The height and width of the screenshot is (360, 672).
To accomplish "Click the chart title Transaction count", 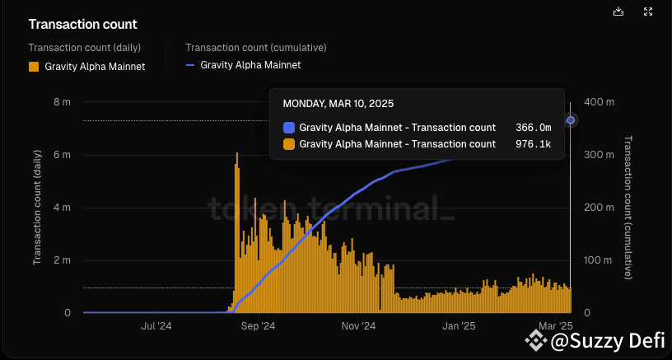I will [x=83, y=26].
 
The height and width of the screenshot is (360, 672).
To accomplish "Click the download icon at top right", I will [x=619, y=12].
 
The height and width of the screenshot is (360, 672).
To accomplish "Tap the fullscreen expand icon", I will [x=649, y=12].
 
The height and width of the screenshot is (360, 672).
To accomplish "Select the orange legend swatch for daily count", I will [x=34, y=67].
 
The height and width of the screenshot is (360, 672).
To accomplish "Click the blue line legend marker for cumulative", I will [x=191, y=64].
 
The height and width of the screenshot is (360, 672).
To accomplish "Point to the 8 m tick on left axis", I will [x=61, y=102].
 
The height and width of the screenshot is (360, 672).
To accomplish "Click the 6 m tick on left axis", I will [x=61, y=155].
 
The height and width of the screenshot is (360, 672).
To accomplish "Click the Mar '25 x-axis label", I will [x=555, y=326].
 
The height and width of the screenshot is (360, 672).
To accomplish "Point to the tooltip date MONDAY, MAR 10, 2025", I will [x=338, y=104].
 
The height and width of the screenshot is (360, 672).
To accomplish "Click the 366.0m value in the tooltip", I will [x=533, y=128].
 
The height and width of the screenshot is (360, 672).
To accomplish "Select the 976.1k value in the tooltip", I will [x=533, y=144].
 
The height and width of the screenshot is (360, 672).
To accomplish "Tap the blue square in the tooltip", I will [x=288, y=128].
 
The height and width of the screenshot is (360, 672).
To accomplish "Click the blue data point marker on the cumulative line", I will [x=571, y=120].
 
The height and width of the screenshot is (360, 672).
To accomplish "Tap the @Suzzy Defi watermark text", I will [x=607, y=339].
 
